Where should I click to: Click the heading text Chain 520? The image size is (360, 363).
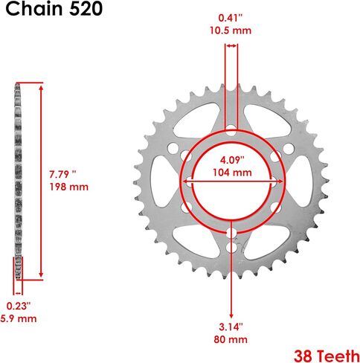(x=54, y=9)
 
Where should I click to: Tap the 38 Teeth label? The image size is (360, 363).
(x=327, y=356)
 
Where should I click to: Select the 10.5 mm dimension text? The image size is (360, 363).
(x=231, y=30)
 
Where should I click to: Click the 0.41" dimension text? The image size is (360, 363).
(x=231, y=18)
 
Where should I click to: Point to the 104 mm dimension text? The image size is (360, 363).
(x=232, y=173)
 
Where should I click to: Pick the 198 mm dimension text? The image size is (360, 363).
(x=69, y=187)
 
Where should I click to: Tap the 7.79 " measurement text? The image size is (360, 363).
(x=62, y=174)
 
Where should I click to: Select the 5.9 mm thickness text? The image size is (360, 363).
(x=19, y=318)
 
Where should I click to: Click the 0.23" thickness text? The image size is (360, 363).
(x=19, y=306)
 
